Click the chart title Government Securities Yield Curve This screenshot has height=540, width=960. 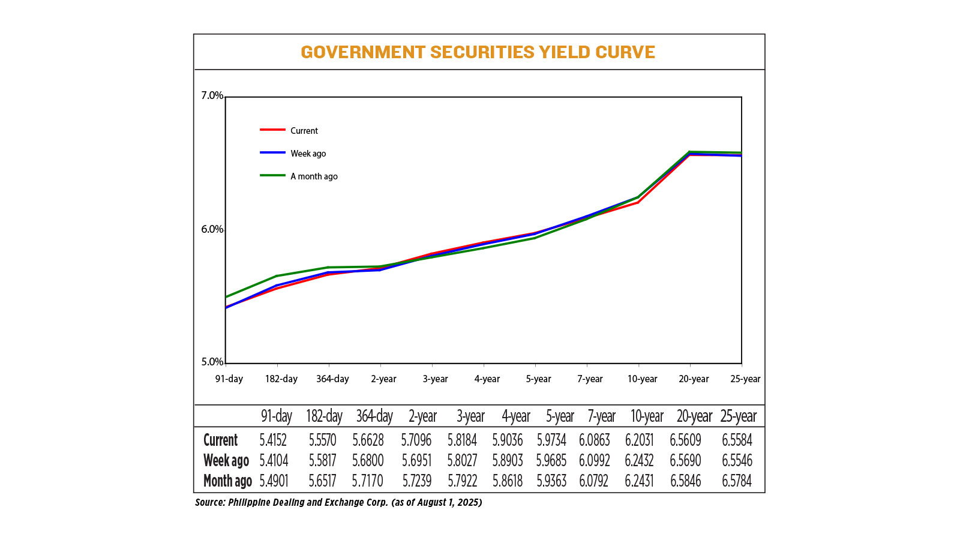pyautogui.click(x=478, y=52)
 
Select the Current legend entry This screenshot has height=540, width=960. pyautogui.click(x=304, y=131)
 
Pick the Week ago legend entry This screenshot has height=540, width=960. pyautogui.click(x=308, y=154)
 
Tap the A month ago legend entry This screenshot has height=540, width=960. pyautogui.click(x=314, y=176)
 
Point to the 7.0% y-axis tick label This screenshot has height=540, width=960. pyautogui.click(x=212, y=95)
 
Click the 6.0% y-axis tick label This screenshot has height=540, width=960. pyautogui.click(x=212, y=229)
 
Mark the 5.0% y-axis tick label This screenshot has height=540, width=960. pyautogui.click(x=212, y=362)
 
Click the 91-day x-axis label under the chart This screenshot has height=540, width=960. pyautogui.click(x=229, y=379)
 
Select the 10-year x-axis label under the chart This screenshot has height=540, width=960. pyautogui.click(x=642, y=379)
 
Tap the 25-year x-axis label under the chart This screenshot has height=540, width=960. pyautogui.click(x=745, y=379)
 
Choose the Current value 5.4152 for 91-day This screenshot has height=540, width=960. pyautogui.click(x=273, y=440)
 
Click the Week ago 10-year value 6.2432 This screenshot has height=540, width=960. pyautogui.click(x=639, y=461)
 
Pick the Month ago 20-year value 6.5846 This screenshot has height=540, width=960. pyautogui.click(x=685, y=481)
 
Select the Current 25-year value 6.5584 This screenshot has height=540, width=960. pyautogui.click(x=737, y=440)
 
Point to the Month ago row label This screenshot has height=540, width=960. pyautogui.click(x=227, y=481)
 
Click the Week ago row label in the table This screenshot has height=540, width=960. pyautogui.click(x=226, y=461)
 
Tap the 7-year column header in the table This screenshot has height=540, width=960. pyautogui.click(x=601, y=416)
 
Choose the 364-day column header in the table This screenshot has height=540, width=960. pyautogui.click(x=374, y=416)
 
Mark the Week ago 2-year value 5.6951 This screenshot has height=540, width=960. pyautogui.click(x=416, y=461)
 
